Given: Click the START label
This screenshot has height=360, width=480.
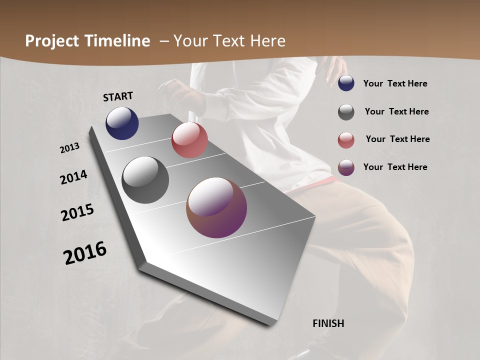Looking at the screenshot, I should pyautogui.click(x=118, y=96).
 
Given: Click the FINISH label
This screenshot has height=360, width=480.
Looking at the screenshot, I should pyautogui.click(x=328, y=323).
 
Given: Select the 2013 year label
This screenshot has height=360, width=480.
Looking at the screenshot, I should pyautogui.click(x=70, y=148).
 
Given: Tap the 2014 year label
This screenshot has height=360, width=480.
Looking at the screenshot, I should pyautogui.click(x=74, y=177).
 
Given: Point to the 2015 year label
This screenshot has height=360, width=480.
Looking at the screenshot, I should pyautogui.click(x=77, y=212).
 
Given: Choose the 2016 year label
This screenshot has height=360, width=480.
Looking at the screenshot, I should pyautogui.click(x=85, y=252).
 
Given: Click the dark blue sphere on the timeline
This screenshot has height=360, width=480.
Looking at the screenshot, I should pyautogui.click(x=122, y=123).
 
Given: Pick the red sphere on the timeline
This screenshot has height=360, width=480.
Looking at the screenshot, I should pyautogui.click(x=189, y=140).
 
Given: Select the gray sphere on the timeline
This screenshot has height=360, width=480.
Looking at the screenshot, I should pyautogui.click(x=145, y=180).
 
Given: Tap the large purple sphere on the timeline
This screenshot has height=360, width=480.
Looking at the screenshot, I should pyautogui.click(x=216, y=207).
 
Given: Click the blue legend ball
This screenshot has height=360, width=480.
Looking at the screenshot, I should pyautogui.click(x=346, y=83).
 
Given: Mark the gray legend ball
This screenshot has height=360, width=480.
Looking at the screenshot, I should pyautogui.click(x=346, y=112).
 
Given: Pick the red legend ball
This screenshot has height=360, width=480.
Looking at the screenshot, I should pyautogui.click(x=346, y=140).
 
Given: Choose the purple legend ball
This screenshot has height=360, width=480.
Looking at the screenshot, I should pyautogui.click(x=346, y=167).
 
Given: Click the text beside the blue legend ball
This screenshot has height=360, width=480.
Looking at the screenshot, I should pyautogui.click(x=395, y=83).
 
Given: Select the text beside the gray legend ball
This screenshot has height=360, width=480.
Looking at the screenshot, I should pyautogui.click(x=396, y=111).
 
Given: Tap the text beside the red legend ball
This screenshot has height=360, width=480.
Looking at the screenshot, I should pyautogui.click(x=397, y=139).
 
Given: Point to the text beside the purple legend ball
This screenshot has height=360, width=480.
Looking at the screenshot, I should pyautogui.click(x=395, y=167).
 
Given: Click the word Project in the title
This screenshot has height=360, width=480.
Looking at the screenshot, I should pyautogui.click(x=51, y=41).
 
